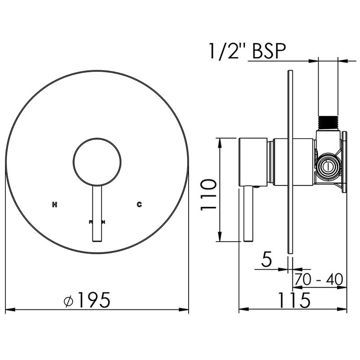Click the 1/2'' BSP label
247,51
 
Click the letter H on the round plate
55,205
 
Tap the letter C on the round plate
139,205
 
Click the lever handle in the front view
97,214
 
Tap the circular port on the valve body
328,167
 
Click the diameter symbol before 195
69,300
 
